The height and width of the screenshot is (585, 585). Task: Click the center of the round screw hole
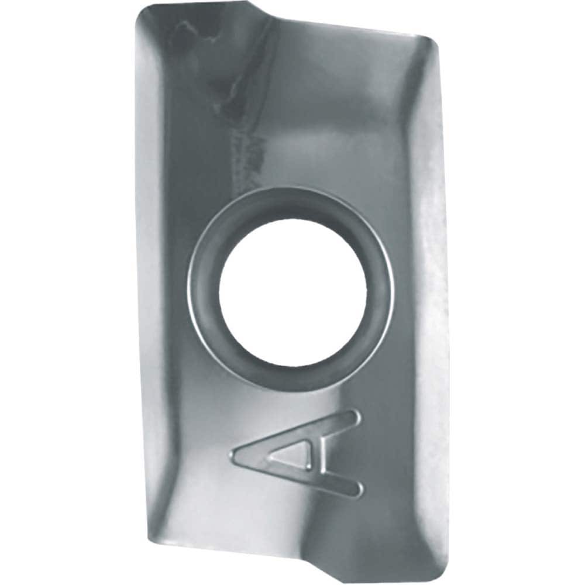point(292,288)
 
